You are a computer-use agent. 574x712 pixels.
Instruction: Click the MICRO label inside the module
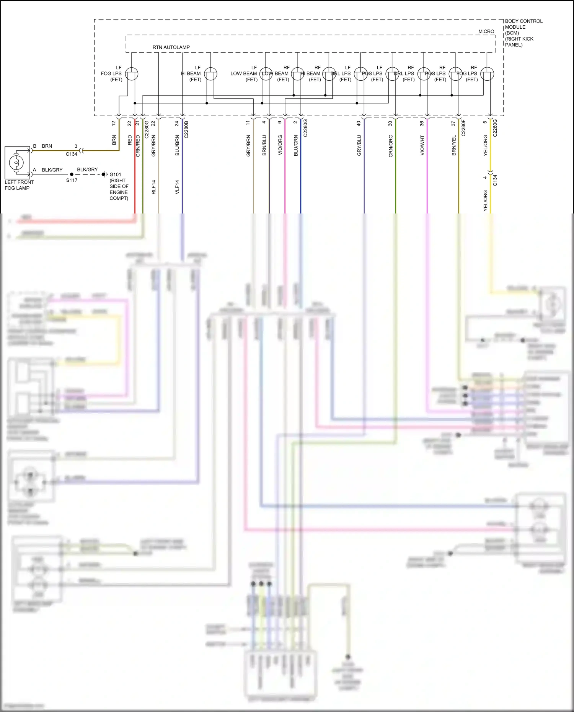coord(486,31)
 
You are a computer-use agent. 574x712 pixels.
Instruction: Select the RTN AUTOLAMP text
coord(171,47)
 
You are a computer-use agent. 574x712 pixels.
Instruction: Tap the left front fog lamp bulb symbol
coord(16,163)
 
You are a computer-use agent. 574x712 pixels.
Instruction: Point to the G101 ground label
coord(115,174)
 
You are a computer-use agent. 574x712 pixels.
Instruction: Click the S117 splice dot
coord(72,174)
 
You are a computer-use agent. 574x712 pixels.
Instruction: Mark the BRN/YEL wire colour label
coord(454,145)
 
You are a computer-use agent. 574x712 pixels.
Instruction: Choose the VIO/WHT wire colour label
coord(422,145)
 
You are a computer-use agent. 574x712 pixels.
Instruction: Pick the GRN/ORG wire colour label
coord(391,146)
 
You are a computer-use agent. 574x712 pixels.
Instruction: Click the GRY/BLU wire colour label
coord(359,145)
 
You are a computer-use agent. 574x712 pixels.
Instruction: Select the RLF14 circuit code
coord(154,187)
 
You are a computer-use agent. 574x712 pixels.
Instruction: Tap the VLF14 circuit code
coord(177,187)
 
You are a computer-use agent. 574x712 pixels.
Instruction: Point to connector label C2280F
coord(463,128)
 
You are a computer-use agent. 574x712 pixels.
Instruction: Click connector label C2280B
coord(186,129)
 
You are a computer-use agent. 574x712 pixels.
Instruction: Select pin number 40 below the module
coord(359,124)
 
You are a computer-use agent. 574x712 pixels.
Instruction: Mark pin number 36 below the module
coord(422,124)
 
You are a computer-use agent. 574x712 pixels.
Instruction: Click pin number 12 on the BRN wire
coord(114,124)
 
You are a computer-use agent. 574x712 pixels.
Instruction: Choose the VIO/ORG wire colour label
coord(280,145)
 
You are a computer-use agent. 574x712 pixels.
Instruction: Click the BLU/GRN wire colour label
coord(296,145)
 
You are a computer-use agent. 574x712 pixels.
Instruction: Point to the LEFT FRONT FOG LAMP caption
coord(19,185)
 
